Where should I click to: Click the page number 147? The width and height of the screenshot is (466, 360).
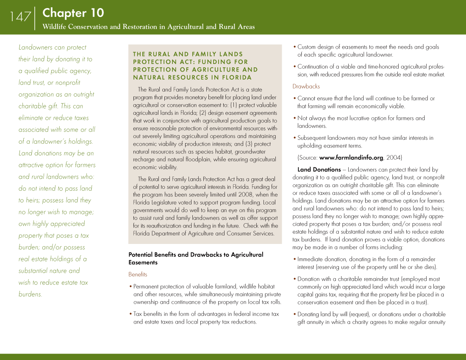point(20,17)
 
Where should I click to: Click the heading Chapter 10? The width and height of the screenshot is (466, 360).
point(73,13)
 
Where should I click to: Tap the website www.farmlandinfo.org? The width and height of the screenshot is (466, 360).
point(351,158)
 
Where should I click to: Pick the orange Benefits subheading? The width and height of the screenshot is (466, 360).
point(138,274)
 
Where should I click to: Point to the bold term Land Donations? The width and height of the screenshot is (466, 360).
point(319,169)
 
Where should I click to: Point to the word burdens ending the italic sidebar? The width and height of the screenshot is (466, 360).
point(30,294)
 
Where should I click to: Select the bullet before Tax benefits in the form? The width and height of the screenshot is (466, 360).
point(130,314)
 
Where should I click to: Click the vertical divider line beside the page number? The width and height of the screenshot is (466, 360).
point(35,18)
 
